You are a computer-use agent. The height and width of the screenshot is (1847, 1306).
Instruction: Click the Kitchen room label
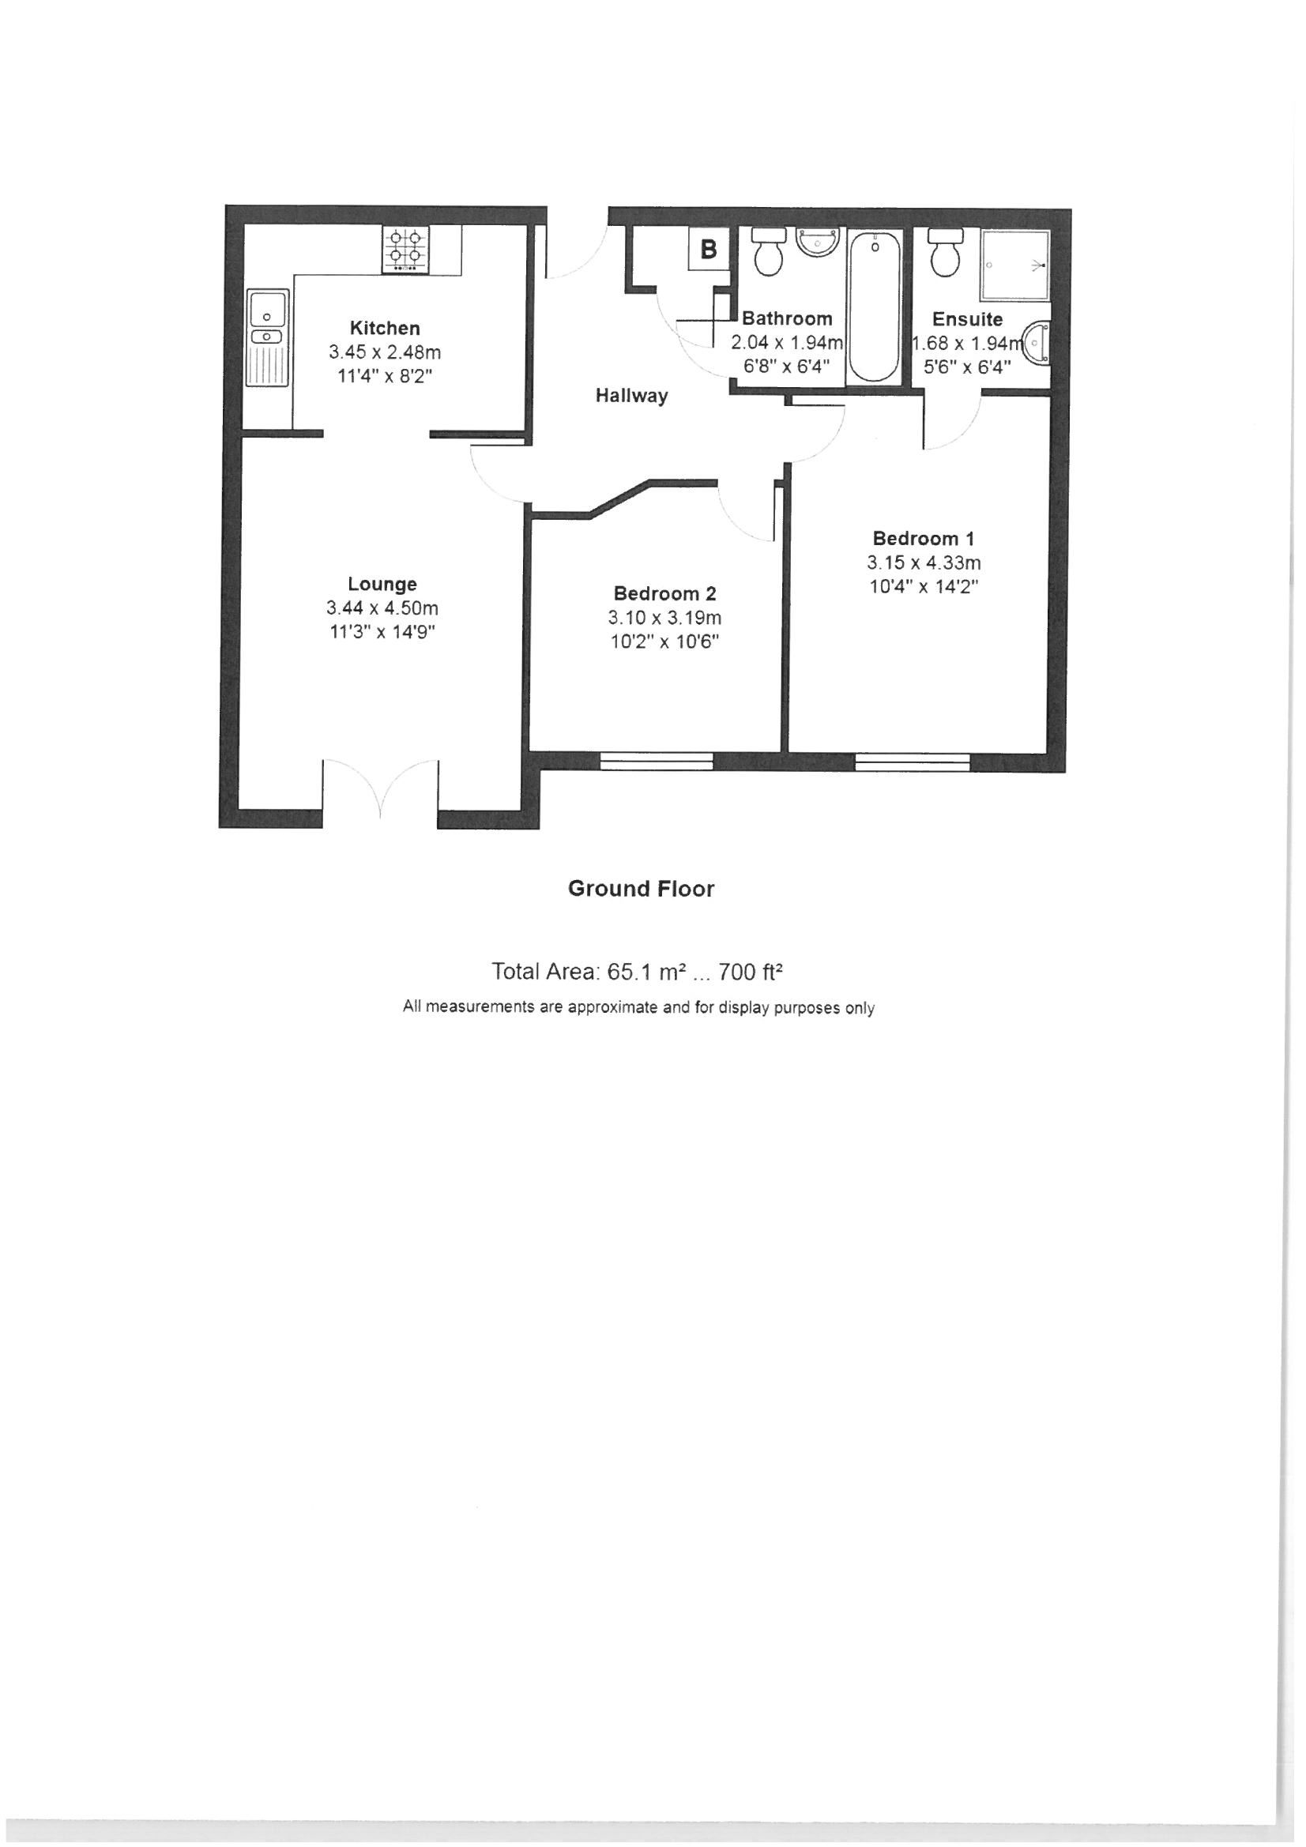385,328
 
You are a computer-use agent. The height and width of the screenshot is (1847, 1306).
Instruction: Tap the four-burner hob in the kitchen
405,250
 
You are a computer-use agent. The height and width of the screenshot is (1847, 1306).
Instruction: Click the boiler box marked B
709,250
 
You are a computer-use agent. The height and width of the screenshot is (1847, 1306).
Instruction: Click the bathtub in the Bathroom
874,308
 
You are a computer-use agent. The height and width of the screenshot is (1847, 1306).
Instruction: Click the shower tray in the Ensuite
1014,266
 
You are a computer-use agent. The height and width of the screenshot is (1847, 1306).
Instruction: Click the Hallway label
632,396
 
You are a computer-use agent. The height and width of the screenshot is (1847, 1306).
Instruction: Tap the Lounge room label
382,584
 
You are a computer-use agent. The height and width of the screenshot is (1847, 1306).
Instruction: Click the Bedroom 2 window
657,762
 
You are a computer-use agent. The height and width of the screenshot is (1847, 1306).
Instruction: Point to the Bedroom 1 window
913,762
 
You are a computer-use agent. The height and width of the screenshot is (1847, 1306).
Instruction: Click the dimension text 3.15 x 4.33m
924,563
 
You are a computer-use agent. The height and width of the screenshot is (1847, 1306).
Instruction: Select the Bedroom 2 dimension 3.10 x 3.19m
664,618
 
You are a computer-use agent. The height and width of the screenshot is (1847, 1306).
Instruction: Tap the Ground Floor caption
642,889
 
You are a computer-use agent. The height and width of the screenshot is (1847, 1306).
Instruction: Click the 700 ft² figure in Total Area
751,972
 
